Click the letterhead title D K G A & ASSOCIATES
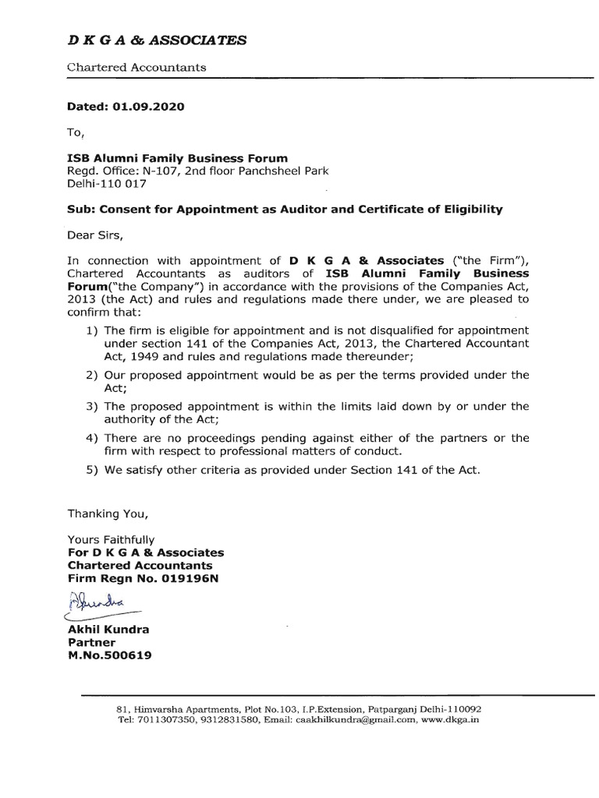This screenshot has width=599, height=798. (x=157, y=41)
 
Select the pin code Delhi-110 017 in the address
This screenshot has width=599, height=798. (x=107, y=184)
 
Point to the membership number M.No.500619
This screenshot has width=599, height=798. (x=110, y=655)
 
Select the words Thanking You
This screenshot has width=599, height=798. (x=107, y=514)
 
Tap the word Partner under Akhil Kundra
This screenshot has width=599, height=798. (x=92, y=643)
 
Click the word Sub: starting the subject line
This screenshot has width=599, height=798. (x=82, y=209)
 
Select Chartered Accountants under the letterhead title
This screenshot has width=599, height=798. (x=136, y=67)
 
